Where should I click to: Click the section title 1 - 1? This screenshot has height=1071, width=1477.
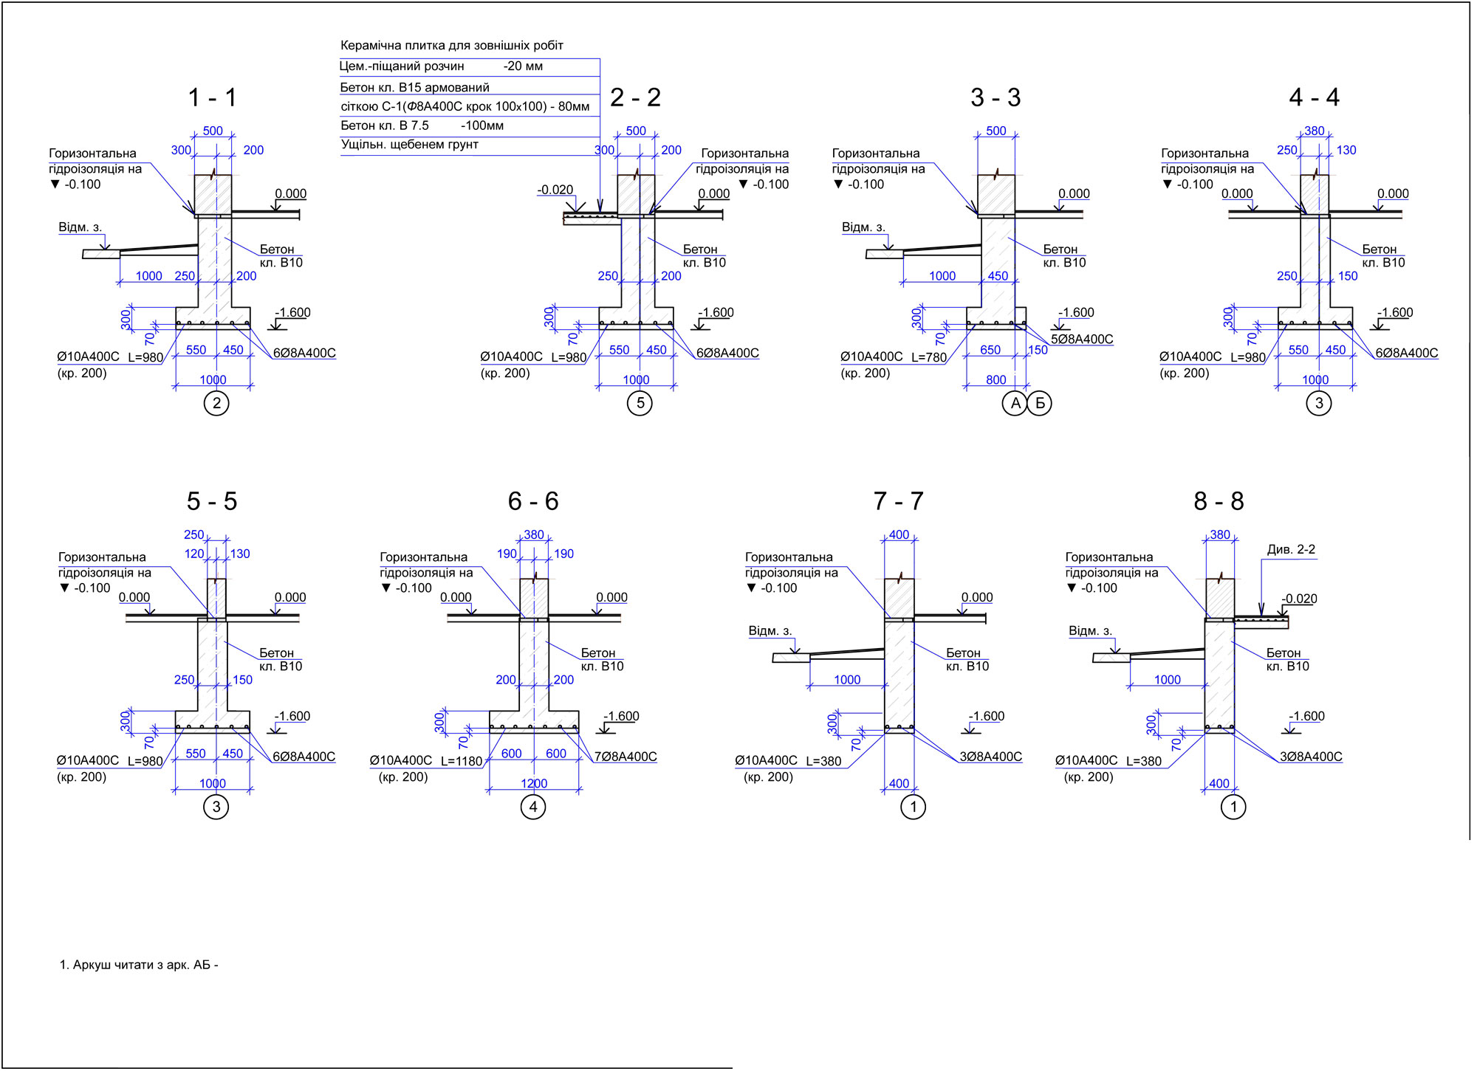(x=212, y=97)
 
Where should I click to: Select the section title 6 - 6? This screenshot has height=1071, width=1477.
(x=533, y=501)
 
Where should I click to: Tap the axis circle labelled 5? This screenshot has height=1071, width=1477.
(x=640, y=403)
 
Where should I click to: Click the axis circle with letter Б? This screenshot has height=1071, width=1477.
(x=1040, y=403)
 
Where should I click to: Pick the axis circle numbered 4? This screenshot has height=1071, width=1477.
(x=533, y=807)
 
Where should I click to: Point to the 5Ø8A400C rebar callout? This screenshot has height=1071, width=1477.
(x=1082, y=340)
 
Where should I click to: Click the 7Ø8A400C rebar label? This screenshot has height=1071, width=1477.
(x=626, y=757)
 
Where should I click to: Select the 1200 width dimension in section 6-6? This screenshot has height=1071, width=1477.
(x=534, y=783)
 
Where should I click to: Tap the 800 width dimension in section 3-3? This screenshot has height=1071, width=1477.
(x=996, y=379)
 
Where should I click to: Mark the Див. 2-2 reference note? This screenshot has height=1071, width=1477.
(x=1291, y=549)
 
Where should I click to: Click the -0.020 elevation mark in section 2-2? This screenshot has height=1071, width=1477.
(x=555, y=190)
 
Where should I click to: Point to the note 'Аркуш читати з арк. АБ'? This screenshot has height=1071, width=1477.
(x=139, y=965)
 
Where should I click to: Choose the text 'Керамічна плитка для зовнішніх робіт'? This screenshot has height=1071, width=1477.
(x=452, y=46)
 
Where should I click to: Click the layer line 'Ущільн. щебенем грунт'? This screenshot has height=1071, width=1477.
(x=410, y=145)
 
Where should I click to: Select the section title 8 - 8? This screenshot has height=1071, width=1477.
(x=1219, y=501)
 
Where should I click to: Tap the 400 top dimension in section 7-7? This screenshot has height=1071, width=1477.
(x=899, y=534)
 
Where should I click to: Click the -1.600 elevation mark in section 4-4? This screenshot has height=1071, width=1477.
(x=1395, y=312)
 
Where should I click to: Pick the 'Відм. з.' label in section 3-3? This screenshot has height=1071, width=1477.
(x=863, y=227)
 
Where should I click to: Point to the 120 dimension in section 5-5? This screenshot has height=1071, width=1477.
(x=194, y=554)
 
